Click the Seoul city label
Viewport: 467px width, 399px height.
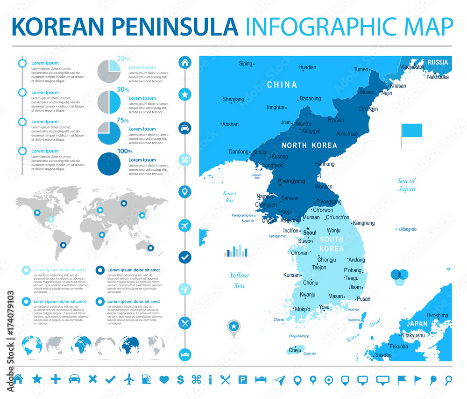[x=310, y=232]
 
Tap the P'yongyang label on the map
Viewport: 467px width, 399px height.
[x=291, y=181]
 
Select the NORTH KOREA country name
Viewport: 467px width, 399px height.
[x=309, y=145]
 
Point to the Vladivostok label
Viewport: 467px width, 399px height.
[x=412, y=67]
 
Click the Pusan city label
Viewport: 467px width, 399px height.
[x=363, y=299]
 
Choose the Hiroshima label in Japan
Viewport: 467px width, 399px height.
[x=437, y=315]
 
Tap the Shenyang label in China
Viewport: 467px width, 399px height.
[x=233, y=99]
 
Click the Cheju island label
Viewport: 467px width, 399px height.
[x=295, y=350]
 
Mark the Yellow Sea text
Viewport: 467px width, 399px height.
[x=239, y=280]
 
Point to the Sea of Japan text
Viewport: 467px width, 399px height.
[x=406, y=185]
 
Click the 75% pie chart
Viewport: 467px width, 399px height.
[x=109, y=133]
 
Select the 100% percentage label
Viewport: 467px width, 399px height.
[x=124, y=152]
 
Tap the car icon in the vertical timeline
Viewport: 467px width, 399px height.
[x=185, y=127]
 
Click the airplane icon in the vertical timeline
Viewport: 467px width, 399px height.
[x=185, y=225]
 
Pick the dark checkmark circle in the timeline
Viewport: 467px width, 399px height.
[x=185, y=257]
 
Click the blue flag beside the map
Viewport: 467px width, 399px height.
[x=412, y=131]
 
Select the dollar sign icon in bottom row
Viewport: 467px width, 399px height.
[x=180, y=379]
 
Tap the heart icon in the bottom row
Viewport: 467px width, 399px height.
[x=163, y=379]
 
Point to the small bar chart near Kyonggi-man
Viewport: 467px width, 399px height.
[x=236, y=251]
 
